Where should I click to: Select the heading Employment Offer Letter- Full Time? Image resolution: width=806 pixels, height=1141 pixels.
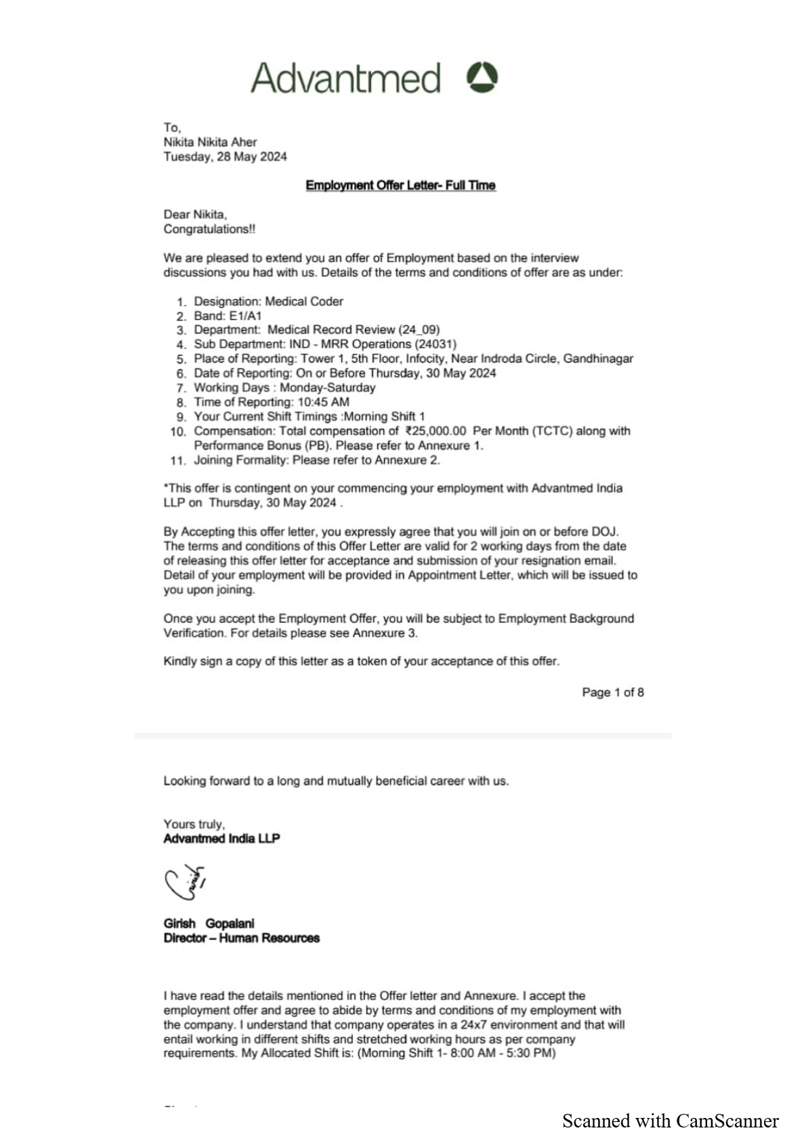tap(400, 185)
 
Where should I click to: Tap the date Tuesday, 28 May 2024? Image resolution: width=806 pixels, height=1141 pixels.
tap(225, 157)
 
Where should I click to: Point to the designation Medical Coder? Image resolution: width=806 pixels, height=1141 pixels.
tap(304, 301)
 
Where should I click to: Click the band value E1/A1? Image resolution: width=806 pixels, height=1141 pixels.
tap(245, 316)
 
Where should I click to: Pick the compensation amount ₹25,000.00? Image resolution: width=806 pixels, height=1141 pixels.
tap(436, 431)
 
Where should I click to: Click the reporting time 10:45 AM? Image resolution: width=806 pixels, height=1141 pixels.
tap(323, 402)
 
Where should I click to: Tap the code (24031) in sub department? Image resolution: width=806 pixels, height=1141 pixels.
tap(436, 344)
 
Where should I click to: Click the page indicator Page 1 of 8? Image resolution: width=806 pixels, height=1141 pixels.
tap(612, 692)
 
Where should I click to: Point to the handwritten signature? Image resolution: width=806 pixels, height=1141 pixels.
tap(184, 881)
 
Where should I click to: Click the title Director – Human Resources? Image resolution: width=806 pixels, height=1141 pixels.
tap(241, 938)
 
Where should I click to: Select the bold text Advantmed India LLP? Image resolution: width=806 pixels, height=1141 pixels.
tap(221, 838)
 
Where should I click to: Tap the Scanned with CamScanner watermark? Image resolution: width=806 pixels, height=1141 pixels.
tap(670, 1121)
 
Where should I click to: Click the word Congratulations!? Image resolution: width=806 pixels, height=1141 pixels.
tap(209, 229)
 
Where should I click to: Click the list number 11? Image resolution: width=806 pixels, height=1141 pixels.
tap(177, 461)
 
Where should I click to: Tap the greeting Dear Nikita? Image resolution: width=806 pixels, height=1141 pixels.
tap(195, 214)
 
